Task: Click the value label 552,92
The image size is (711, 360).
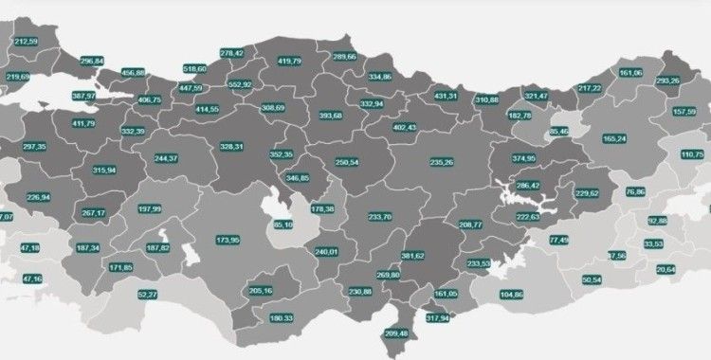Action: (x=240, y=84)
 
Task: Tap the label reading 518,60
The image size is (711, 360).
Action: (x=195, y=69)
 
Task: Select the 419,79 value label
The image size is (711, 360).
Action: (x=289, y=61)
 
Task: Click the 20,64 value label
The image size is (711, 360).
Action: (x=666, y=269)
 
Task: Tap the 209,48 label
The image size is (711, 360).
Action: (x=397, y=333)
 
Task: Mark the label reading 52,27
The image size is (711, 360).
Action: (x=148, y=295)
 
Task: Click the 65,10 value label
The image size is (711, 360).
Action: (x=283, y=225)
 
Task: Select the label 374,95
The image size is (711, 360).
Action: (x=524, y=158)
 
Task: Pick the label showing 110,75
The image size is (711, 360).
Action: (x=693, y=153)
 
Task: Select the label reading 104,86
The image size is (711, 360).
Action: (x=511, y=295)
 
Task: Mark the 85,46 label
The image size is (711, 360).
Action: (x=558, y=131)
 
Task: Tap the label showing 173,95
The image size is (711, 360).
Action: (x=228, y=241)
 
